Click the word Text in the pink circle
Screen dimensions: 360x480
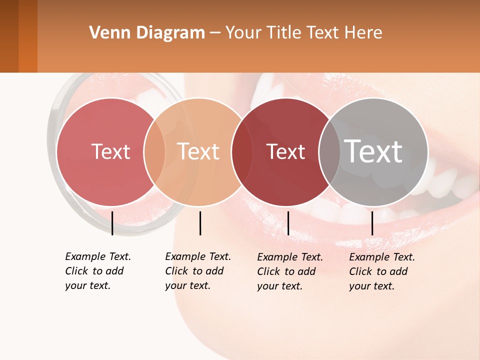coord(110,151)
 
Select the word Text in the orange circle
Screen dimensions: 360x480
coord(198,151)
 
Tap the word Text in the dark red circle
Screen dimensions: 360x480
coord(285,151)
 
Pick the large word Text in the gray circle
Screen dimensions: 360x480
coord(373,151)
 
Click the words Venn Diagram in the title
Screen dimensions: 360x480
coord(147,33)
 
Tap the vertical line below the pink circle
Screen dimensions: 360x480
coord(112,223)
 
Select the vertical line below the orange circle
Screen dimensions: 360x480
coord(200,223)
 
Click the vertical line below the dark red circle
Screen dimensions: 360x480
coord(288,223)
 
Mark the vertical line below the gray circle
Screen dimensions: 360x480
coord(372,223)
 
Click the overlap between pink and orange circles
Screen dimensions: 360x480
coord(154,152)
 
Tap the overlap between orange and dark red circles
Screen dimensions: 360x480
coord(242,152)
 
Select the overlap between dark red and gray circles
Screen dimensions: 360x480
coord(329,152)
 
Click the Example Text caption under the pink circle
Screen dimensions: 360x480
coord(98,271)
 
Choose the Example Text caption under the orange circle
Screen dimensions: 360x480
coord(198,271)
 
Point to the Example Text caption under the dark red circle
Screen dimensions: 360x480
coord(290,271)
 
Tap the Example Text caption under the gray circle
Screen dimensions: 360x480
coord(382,271)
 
